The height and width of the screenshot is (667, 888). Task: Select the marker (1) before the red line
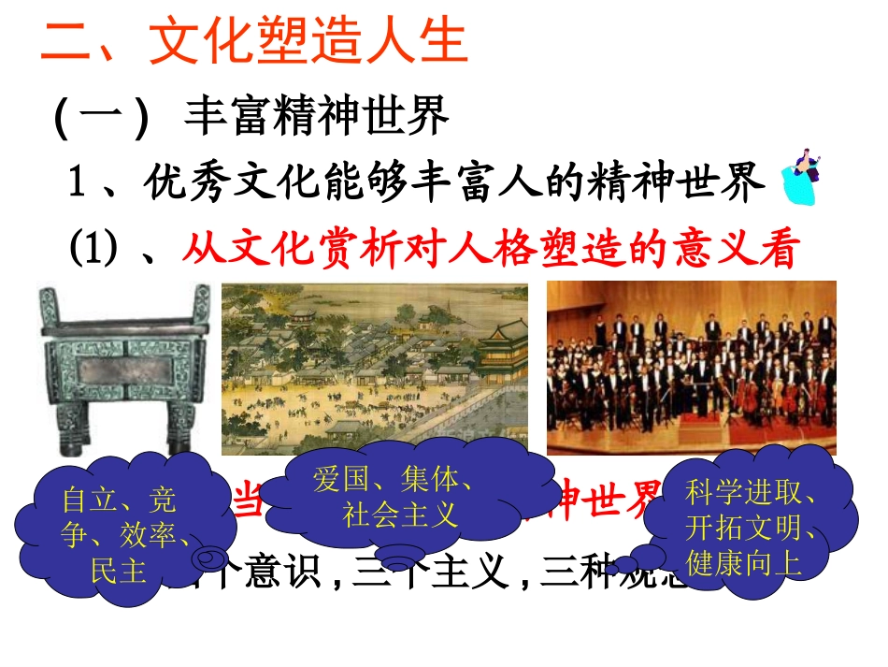tap(92, 249)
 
